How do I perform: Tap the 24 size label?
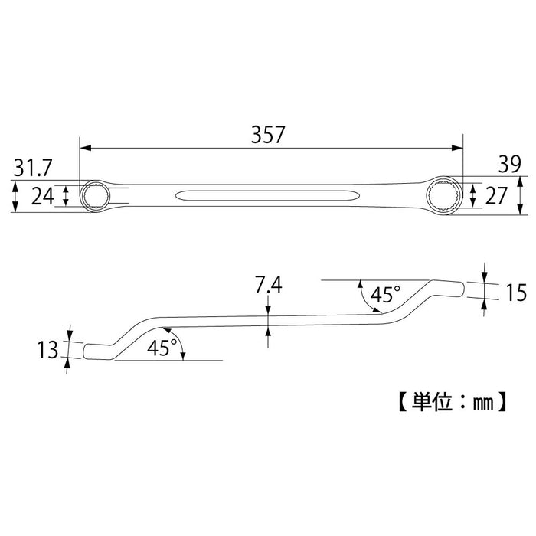pyautogui.click(x=44, y=197)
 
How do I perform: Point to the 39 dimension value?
pyautogui.click(x=509, y=164)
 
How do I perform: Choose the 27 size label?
pyautogui.click(x=497, y=197)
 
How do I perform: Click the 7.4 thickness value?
pyautogui.click(x=268, y=286)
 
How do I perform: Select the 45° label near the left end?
pyautogui.click(x=162, y=347)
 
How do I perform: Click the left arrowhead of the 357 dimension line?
pyautogui.click(x=83, y=149)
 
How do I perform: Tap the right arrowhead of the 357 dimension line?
pyautogui.click(x=459, y=149)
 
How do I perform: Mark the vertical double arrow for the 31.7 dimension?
pyautogui.click(x=15, y=196)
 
